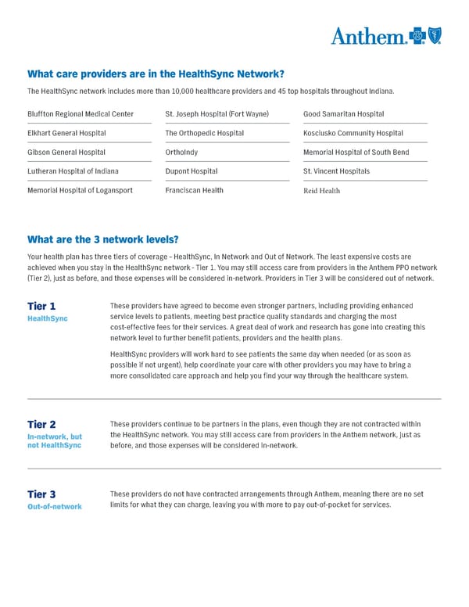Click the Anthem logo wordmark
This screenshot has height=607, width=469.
pos(367,36)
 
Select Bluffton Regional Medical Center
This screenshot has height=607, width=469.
pos(81,114)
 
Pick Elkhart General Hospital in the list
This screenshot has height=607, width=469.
pos(66,134)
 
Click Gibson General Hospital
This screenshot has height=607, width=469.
pos(66,153)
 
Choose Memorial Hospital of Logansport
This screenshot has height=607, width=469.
pos(80,190)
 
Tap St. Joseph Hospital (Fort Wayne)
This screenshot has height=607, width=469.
pos(217,114)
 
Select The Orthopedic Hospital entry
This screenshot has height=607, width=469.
pos(205,134)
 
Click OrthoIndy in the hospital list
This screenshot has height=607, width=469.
pos(181,153)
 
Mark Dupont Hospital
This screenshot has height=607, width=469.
pos(192,171)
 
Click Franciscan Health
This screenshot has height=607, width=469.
pos(195,190)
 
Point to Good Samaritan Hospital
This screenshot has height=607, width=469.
pos(343,114)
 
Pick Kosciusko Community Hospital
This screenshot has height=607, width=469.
pos(353,134)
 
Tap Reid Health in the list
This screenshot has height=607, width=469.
pos(321,191)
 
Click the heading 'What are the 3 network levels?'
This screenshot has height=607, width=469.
pos(102,239)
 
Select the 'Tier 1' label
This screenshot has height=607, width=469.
pos(41,306)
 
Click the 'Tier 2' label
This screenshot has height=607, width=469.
pos(41,424)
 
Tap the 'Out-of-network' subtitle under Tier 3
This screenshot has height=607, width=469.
pos(55,506)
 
